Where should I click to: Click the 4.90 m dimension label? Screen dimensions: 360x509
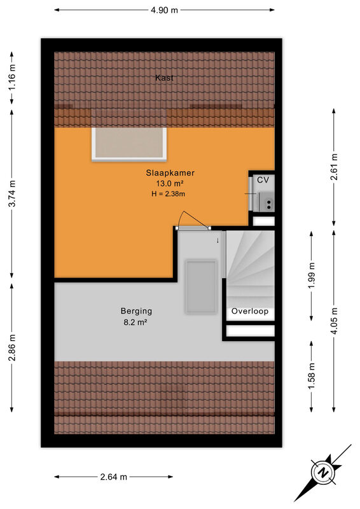164,10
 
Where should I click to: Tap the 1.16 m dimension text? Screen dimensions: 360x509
12,78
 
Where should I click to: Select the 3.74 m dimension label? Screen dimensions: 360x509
12,193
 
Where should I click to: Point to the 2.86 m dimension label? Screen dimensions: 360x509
12,347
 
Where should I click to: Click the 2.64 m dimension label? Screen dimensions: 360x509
114,477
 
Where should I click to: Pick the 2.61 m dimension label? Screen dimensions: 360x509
334,167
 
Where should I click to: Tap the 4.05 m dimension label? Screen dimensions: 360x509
334,321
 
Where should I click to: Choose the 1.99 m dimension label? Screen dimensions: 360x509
312,275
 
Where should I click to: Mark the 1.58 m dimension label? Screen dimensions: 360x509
312,376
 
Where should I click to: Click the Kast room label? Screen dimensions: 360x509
164,78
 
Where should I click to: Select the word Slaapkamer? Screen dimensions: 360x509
170,172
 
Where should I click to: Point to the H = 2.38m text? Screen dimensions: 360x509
168,194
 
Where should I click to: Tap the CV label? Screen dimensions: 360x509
263,179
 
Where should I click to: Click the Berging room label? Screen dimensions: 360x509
136,311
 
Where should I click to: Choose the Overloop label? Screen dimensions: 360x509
249,311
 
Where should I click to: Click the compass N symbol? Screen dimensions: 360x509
323,472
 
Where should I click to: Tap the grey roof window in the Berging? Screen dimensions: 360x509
201,286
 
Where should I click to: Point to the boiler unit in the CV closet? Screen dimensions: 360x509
267,202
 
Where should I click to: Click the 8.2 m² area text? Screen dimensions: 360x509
135,323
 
